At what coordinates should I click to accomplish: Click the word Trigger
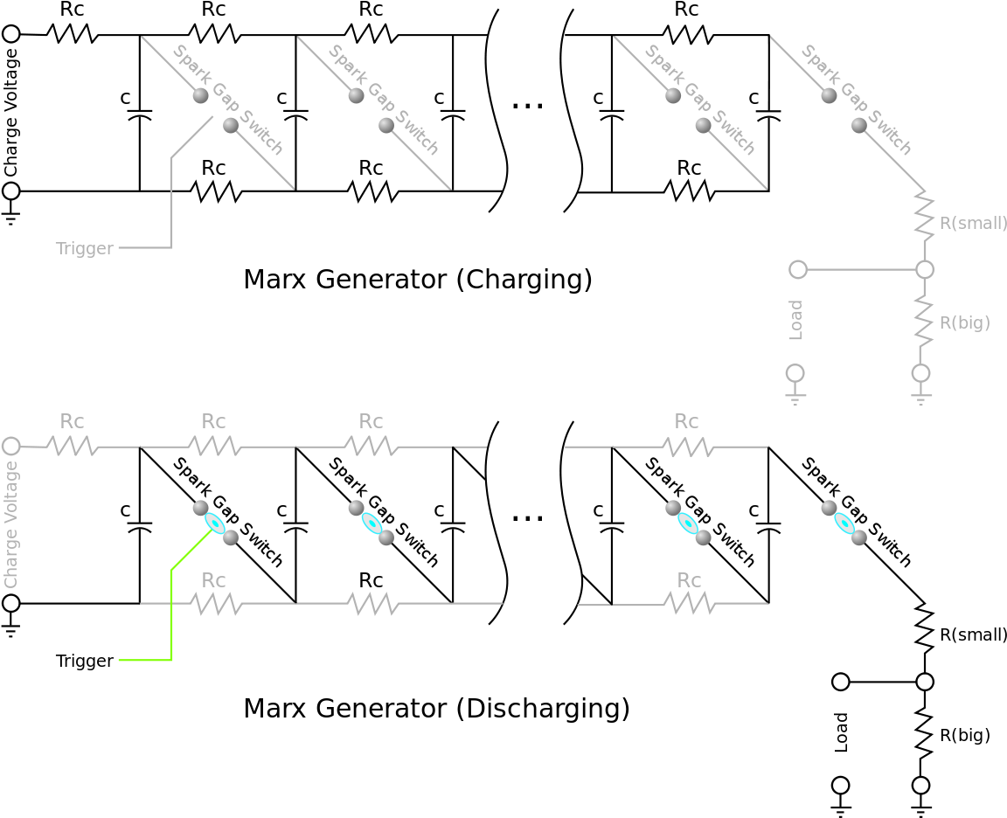(x=84, y=248)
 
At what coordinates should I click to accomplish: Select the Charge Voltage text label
(x=11, y=524)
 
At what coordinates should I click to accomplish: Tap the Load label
(x=795, y=320)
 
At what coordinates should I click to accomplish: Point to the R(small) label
(x=972, y=223)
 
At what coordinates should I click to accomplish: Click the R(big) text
(x=964, y=322)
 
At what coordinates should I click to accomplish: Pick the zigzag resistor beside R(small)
(x=924, y=216)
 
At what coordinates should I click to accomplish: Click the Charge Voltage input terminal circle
(x=10, y=447)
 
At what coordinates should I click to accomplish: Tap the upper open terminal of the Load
(x=798, y=269)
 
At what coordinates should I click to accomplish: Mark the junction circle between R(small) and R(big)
(x=925, y=269)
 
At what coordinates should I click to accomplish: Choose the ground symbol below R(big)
(x=921, y=397)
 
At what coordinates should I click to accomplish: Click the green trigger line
(x=171, y=612)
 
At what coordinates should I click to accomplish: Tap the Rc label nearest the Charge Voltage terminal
(x=72, y=421)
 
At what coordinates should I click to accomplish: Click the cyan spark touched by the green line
(x=215, y=523)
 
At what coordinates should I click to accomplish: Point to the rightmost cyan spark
(x=844, y=523)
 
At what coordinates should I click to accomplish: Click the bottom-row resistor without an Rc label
(x=373, y=603)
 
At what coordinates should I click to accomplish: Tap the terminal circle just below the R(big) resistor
(x=921, y=373)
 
